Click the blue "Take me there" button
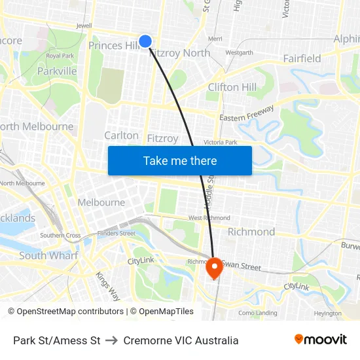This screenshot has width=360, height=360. pos(180,160)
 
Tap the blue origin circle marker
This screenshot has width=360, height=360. pos(145,41)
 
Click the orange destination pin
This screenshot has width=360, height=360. pos(214,268)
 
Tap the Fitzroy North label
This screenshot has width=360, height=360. pos(181,53)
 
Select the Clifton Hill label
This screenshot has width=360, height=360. pos(232,87)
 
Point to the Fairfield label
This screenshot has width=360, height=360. pos(302,58)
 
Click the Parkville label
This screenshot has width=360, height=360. pos(57,71)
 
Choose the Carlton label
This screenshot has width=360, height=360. pos(122,135)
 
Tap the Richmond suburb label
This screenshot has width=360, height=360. pos(251,232)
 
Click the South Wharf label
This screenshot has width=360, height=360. pos(48,255)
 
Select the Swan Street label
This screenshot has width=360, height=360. pos(241,266)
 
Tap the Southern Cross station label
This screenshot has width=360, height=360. pos(60,236)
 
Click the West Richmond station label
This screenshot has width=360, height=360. pos(209,217)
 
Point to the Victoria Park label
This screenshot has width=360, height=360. pos(220,142)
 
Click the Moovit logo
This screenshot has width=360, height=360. pos(321,340)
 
